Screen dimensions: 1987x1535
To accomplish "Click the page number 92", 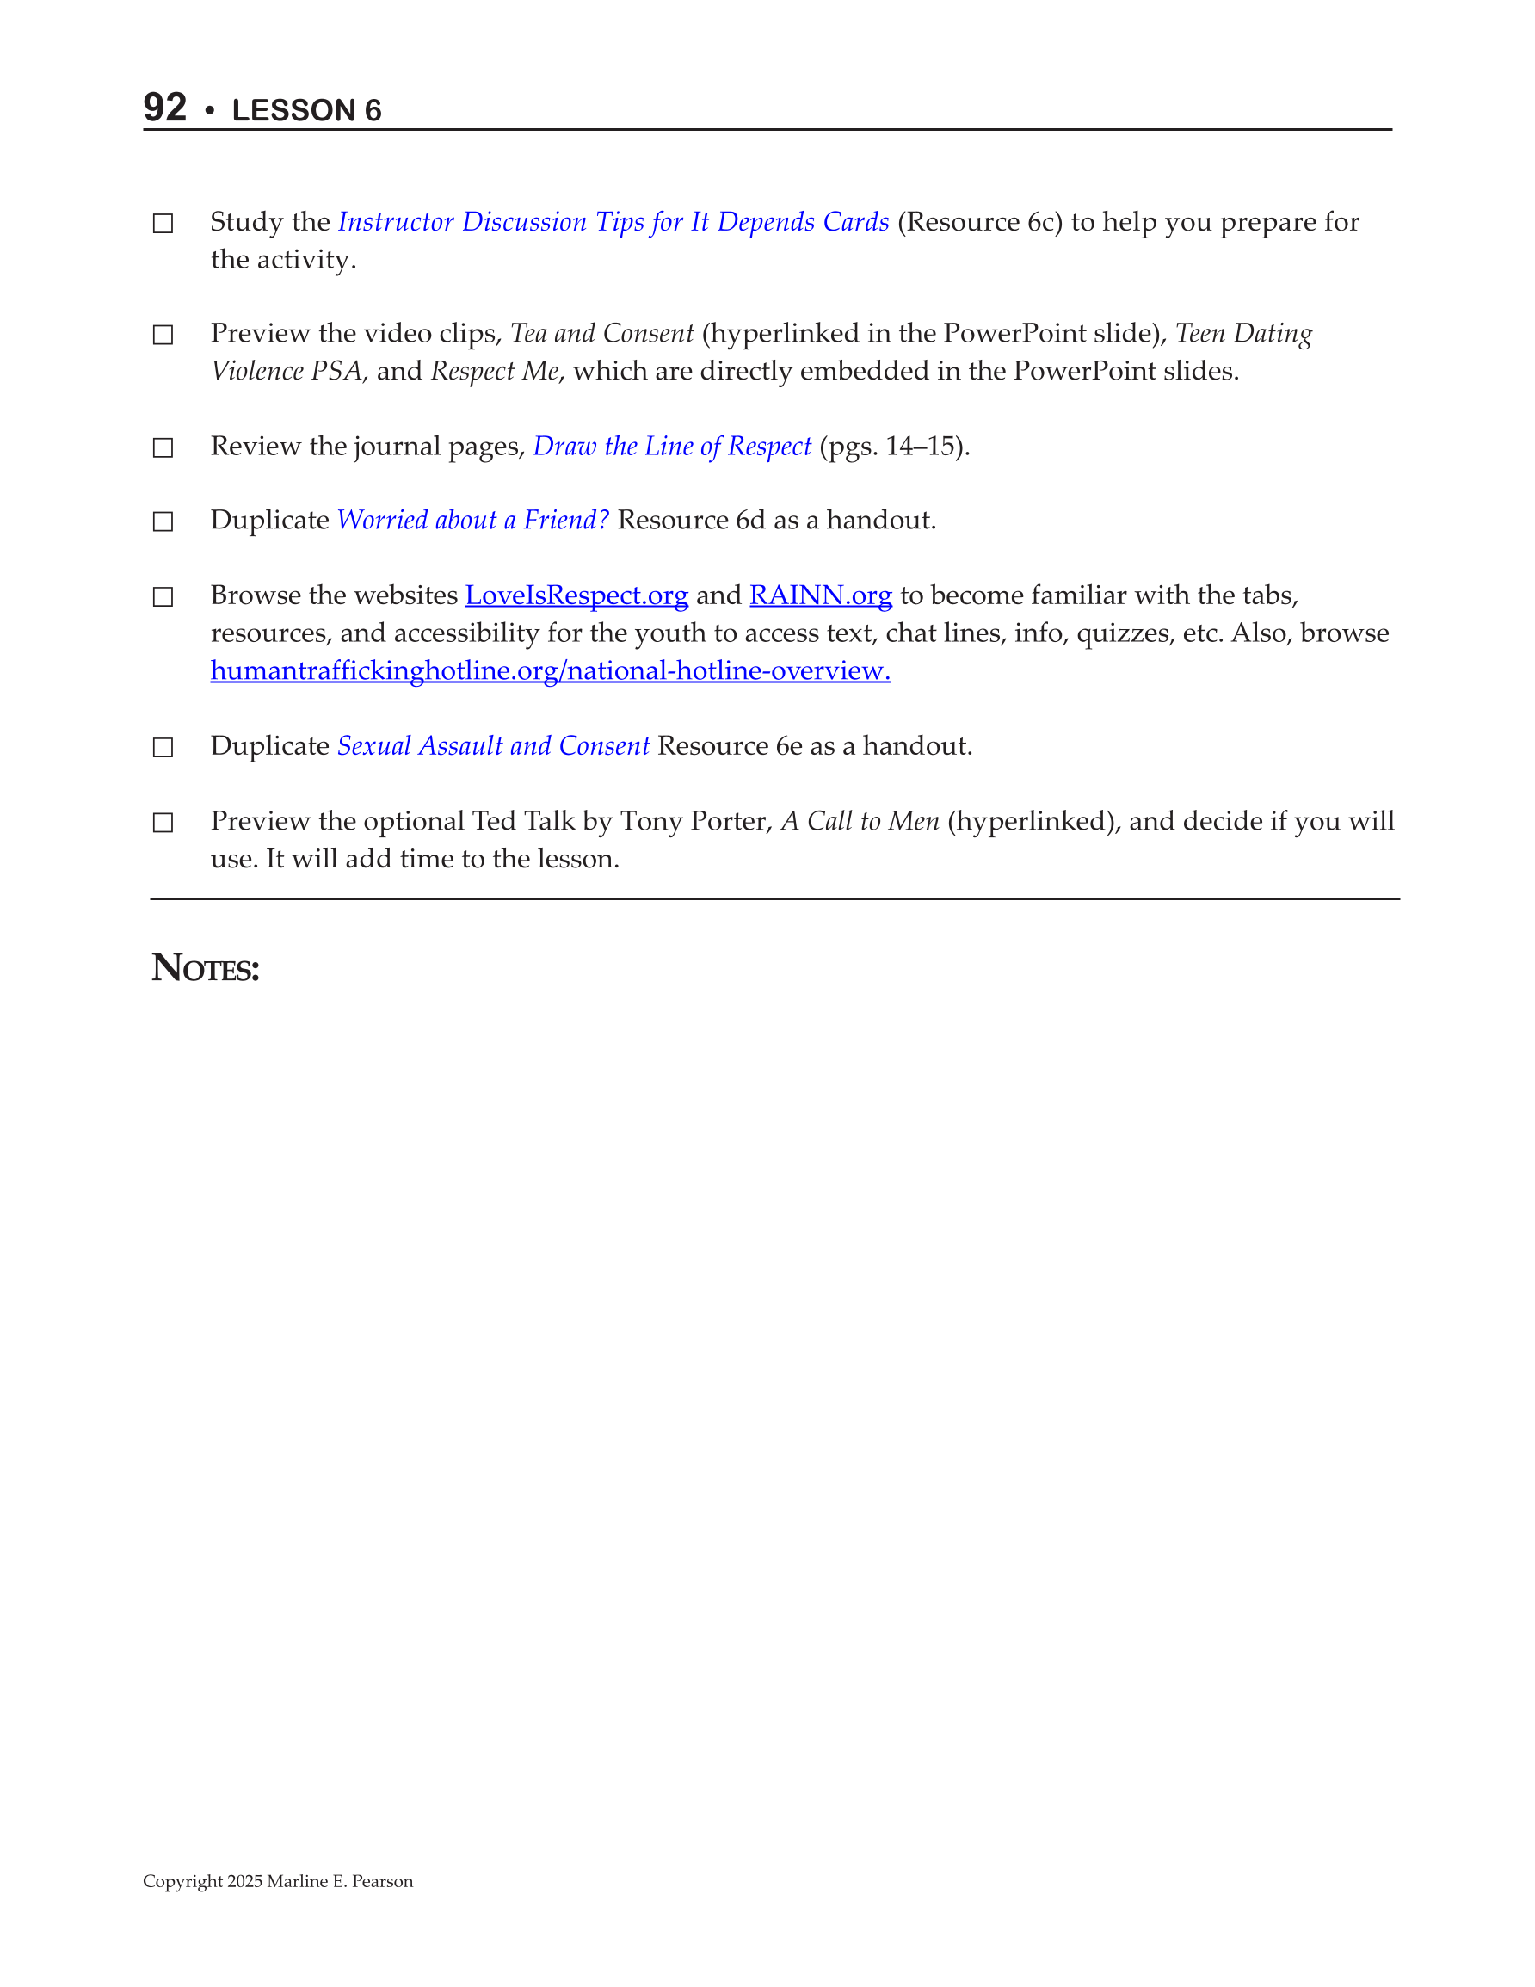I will (x=164, y=108).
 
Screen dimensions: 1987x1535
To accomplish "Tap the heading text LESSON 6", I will (x=306, y=110).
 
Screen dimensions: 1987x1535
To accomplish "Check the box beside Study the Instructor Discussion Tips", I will (x=163, y=224).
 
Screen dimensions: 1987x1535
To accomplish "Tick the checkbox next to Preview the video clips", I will (x=163, y=335).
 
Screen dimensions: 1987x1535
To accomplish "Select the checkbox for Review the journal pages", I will (x=163, y=447).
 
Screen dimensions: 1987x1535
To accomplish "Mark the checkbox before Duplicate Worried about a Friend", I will (x=163, y=521).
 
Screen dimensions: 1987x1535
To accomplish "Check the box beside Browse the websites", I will (x=163, y=597).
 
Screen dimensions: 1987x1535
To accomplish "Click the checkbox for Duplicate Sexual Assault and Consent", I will (x=163, y=747).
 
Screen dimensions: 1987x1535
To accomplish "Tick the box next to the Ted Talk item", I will (x=163, y=823).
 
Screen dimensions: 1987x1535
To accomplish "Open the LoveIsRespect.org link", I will (x=576, y=595).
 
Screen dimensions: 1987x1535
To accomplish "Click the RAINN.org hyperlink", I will (x=820, y=595).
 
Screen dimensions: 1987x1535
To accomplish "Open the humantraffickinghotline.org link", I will (x=550, y=670).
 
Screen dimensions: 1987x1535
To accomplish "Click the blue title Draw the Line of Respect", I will (x=671, y=446).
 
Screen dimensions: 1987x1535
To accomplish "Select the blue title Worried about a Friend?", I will (x=472, y=520).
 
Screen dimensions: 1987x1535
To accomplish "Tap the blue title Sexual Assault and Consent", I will (x=493, y=745).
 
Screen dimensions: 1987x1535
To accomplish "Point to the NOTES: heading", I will (x=206, y=968).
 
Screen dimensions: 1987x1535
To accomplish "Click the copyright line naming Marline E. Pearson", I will (x=278, y=1880).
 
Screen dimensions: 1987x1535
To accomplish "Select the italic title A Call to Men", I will (x=859, y=821).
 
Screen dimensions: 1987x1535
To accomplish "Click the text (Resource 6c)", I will (x=980, y=222).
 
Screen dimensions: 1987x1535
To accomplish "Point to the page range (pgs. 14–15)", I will (x=895, y=446).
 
